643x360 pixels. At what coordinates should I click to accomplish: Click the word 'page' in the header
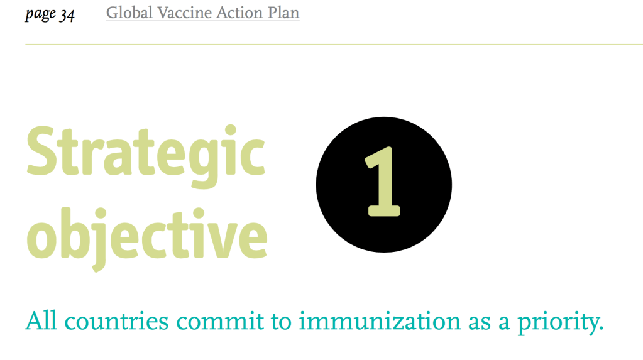pos(40,14)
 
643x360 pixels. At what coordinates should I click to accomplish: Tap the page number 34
pos(67,16)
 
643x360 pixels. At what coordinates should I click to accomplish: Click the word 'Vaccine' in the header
pos(185,13)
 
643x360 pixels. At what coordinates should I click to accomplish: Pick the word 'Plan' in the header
pos(283,13)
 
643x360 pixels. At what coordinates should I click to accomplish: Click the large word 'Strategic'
pos(146,156)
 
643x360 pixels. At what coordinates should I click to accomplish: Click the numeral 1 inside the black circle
pos(383,182)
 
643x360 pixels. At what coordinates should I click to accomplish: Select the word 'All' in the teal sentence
pos(41,320)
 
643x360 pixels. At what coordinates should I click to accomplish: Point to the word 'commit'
pos(220,321)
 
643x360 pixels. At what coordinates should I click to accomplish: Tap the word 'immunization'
pos(380,321)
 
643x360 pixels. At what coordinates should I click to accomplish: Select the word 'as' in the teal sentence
pos(480,324)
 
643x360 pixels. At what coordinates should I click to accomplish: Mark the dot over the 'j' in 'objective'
pos(100,213)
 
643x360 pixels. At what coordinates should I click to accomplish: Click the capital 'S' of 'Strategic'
pos(41,151)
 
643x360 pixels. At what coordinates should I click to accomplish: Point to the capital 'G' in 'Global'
pos(113,13)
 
